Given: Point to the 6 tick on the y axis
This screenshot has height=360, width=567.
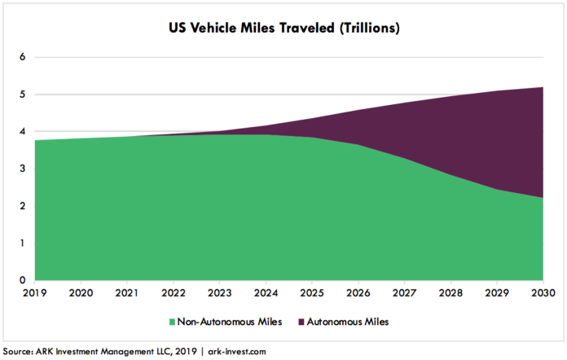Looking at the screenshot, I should coord(24,57).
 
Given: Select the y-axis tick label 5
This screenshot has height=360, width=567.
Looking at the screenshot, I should coord(24,94).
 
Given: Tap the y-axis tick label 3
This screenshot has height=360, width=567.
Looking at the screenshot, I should coord(24,169).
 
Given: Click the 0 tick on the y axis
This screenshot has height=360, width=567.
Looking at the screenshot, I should coord(24,280).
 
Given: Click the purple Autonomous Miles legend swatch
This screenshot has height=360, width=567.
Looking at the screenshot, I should coord(301,322).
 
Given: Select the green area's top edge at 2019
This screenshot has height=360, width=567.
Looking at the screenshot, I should coord(37,140).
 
